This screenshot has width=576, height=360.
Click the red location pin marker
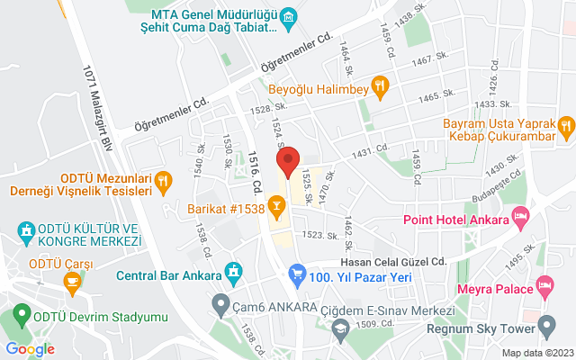pos(288,164)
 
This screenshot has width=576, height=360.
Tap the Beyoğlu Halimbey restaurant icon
pos(381,88)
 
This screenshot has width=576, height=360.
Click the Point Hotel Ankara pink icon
pos(519,216)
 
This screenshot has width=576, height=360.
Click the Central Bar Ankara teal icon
pos(233,271)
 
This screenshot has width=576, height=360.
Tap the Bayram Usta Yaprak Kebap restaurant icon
pos(564,126)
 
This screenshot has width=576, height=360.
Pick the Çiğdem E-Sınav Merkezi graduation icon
pos(340,307)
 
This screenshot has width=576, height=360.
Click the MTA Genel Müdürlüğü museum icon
pos(289,17)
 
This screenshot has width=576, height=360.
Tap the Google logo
pos(30,349)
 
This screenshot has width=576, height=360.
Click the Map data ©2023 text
pos(536,353)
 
